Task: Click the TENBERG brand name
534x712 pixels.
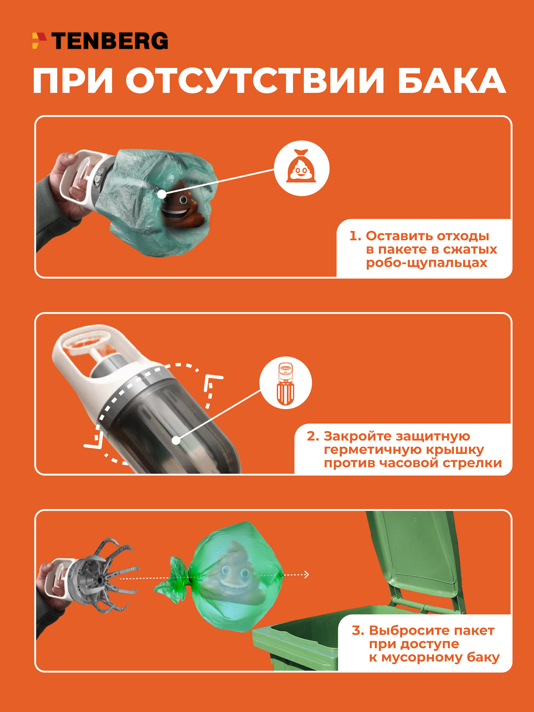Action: coord(109,41)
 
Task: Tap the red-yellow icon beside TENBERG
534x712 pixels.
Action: coord(39,41)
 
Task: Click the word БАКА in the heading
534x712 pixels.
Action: coord(452,81)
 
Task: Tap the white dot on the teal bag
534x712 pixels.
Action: coord(162,194)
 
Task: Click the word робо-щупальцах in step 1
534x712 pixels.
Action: coord(427,263)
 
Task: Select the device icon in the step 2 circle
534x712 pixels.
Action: coord(285,383)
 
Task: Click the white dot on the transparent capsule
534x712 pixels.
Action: coord(176,440)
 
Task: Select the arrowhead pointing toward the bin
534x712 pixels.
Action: coord(306,575)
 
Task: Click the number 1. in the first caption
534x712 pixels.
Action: coord(355,236)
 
